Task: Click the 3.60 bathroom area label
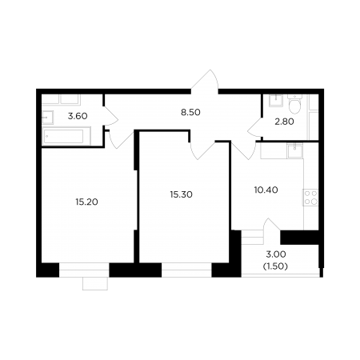pos(78,116)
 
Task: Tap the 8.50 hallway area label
pos(190,112)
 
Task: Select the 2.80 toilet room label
pos(284,122)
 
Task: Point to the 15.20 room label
pos(86,202)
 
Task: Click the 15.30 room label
pos(182,194)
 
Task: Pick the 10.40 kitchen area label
pos(266,190)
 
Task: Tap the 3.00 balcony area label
pos(276,254)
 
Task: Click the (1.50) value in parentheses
pos(275,266)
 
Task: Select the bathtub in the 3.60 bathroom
pos(66,136)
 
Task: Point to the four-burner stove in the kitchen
pos(311,198)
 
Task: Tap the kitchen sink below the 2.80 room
pos(295,150)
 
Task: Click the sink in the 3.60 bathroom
pos(48,118)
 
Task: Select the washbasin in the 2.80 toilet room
pos(276,100)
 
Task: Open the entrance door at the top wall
pos(205,80)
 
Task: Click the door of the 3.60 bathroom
pos(110,115)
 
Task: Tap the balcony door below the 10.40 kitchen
pos(272,224)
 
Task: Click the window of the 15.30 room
pos(186,270)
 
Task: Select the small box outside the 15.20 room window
pos(95,284)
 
